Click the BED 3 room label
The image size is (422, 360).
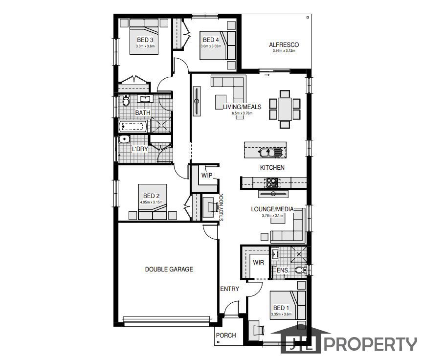point(145,40)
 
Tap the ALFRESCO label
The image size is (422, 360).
point(284,45)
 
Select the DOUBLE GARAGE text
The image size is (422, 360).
point(169,269)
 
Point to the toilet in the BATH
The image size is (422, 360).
point(126,100)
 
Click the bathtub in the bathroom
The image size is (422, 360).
point(133,126)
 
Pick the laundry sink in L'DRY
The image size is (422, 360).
point(124,139)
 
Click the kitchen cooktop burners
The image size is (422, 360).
point(272,182)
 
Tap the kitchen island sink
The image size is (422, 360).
point(270,153)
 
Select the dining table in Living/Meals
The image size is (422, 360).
point(285,109)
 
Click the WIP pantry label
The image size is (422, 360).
point(207,175)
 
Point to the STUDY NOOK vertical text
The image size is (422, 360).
point(222,207)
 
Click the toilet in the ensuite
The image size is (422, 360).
point(300,270)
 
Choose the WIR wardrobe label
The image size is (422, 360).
point(258,262)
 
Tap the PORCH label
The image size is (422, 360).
point(226,336)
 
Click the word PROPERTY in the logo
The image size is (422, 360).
point(371,344)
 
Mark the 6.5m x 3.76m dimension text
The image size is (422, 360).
point(242,113)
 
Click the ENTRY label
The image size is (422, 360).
point(229,289)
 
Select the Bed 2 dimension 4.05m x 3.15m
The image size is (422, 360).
point(151,202)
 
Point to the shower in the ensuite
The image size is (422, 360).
point(299,254)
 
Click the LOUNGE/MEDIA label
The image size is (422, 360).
point(272,209)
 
